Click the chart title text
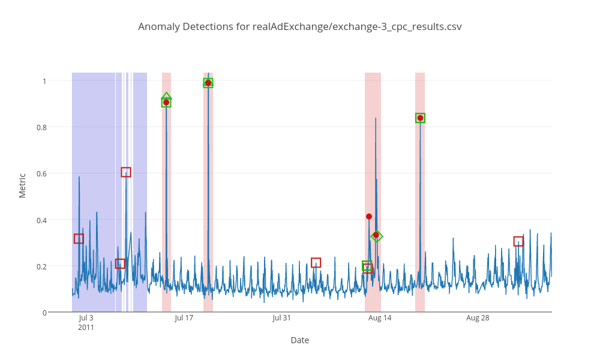click(300, 26)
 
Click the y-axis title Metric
click(22, 185)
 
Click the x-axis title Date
click(300, 340)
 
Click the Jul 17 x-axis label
click(184, 318)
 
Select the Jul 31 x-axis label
click(281, 318)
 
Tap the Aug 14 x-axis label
click(380, 318)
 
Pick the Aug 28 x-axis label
click(478, 318)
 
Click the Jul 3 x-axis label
click(86, 318)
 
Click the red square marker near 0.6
click(126, 172)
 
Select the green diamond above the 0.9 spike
click(167, 97)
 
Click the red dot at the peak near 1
click(208, 83)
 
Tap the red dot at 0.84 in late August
click(421, 118)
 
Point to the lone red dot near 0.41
click(369, 217)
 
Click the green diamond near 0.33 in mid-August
click(377, 236)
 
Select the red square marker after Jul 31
click(316, 263)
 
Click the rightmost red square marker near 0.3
click(518, 241)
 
